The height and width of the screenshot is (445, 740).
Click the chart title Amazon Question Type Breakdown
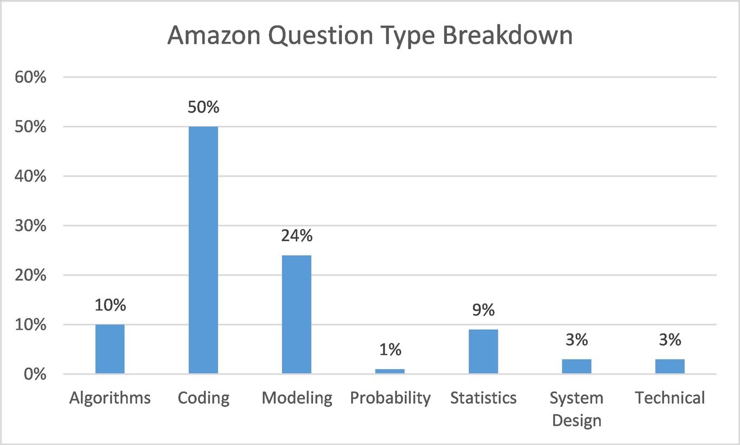[x=369, y=36]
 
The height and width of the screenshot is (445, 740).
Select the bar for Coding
[x=203, y=250]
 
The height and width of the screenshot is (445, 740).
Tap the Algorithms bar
[x=110, y=349]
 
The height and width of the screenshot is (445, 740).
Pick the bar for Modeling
[x=296, y=314]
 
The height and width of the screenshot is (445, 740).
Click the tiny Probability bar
[x=390, y=371]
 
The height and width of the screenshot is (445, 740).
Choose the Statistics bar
[x=483, y=351]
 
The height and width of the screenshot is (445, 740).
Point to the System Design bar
[x=576, y=366]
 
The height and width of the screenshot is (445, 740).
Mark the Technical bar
[x=670, y=366]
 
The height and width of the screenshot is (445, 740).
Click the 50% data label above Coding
[x=203, y=107]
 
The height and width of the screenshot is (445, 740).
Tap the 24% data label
[x=296, y=236]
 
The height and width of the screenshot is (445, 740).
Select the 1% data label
[x=390, y=350]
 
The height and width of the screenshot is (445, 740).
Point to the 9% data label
[x=483, y=310]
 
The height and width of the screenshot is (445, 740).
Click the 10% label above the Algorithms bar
[x=110, y=305]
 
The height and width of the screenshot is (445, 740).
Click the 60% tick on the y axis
[x=31, y=78]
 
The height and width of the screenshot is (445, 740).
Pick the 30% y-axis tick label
[x=31, y=226]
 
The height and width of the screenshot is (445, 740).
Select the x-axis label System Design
[x=576, y=409]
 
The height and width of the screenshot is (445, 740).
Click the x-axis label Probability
[x=390, y=398]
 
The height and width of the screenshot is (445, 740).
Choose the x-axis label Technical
[x=670, y=398]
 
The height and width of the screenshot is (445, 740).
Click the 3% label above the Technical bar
[x=670, y=340]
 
